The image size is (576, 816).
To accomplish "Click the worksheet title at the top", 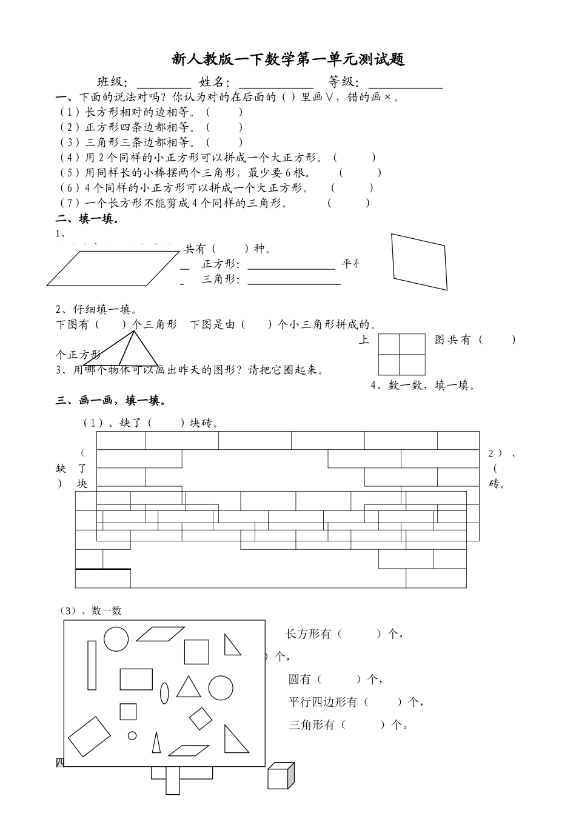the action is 288,59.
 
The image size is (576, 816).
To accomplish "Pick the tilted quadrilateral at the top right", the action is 420,261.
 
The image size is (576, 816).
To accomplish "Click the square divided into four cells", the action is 401,355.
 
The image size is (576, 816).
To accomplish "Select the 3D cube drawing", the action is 281,777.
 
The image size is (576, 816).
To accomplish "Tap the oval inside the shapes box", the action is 164,692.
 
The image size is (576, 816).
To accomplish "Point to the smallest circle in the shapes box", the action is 132,735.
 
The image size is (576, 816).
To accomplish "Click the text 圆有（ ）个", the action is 335,680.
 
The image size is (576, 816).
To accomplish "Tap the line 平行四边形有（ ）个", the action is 355,702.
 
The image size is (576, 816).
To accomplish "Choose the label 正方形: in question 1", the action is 221,264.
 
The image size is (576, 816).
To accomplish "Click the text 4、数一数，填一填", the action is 423,385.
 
